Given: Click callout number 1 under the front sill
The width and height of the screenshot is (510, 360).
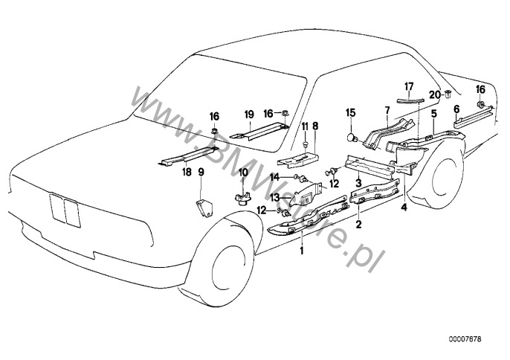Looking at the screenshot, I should (x=302, y=252).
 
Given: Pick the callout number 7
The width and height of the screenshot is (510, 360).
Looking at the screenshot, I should (x=386, y=110).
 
